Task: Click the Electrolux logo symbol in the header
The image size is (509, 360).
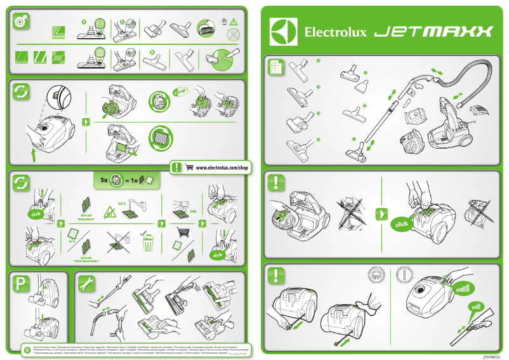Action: [x=283, y=32]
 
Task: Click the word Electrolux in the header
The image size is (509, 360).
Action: [x=336, y=32]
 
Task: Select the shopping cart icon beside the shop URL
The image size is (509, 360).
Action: [x=189, y=168]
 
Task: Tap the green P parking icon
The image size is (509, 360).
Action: [x=21, y=285]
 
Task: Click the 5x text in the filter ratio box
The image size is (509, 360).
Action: [x=104, y=180]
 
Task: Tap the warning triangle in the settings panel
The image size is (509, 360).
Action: [x=234, y=22]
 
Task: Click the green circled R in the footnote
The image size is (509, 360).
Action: [x=27, y=349]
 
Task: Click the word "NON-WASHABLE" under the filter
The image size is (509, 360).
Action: [x=86, y=261]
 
